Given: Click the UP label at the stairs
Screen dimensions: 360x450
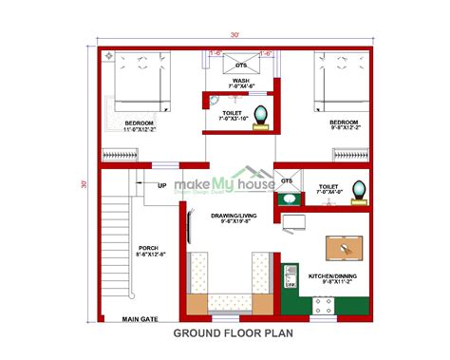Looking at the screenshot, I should tap(162, 186).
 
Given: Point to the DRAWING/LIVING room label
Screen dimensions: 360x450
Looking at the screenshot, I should tap(227, 219).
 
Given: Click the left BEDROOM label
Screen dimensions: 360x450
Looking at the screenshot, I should tap(140, 126).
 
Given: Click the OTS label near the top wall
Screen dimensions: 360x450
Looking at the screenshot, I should tap(241, 65).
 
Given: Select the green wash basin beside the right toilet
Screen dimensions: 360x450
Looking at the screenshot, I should tap(285, 199).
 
